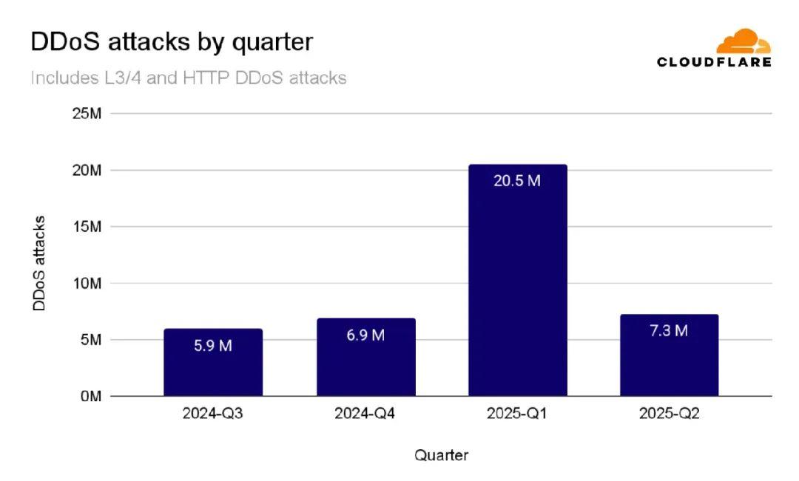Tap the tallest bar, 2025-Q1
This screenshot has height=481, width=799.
(518, 288)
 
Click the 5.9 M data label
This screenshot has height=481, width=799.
(213, 346)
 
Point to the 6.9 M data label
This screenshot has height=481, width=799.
(365, 335)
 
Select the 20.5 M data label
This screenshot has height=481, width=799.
(518, 180)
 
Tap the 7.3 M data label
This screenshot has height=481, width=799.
(669, 331)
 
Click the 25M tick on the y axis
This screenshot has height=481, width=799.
(87, 114)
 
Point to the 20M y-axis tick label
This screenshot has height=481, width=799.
(87, 171)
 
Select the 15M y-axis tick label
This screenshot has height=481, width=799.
(87, 227)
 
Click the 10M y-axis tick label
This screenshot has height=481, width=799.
(87, 284)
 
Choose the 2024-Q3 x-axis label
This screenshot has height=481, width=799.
(213, 415)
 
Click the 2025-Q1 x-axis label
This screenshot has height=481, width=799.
(517, 415)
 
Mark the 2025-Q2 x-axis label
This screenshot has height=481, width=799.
(669, 415)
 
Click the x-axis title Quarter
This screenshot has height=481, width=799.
(441, 455)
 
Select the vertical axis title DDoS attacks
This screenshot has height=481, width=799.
(40, 263)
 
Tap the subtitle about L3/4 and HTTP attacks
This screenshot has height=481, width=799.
(189, 78)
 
